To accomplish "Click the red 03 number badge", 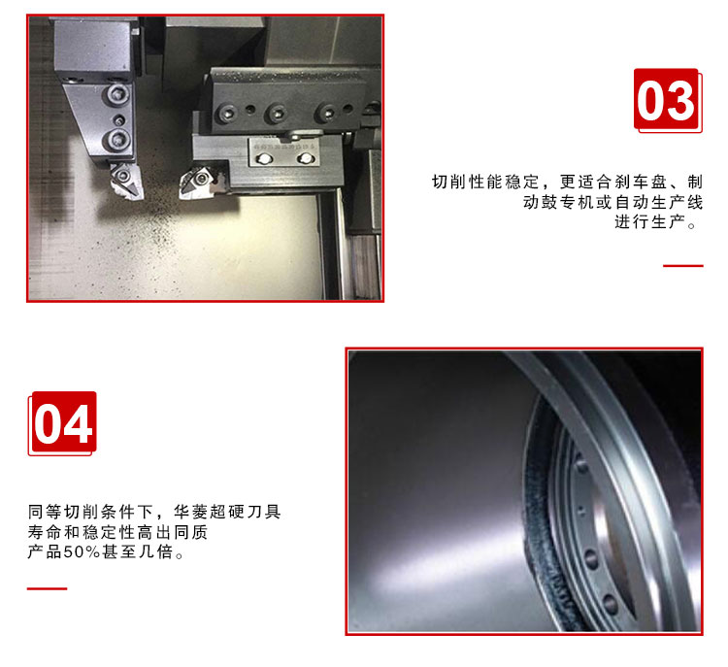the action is point(666,99).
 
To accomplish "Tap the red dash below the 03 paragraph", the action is point(683,266).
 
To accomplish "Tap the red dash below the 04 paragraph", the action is point(47,588).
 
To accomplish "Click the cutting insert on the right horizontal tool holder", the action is point(197,183).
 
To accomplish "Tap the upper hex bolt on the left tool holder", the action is point(116,95).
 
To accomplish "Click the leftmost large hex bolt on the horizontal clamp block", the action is point(226,114).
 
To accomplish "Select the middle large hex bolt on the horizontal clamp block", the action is point(276,113).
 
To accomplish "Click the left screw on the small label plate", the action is point(264,159).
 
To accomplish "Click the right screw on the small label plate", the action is point(305,159).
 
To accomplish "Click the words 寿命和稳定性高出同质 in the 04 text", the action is point(117,532).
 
